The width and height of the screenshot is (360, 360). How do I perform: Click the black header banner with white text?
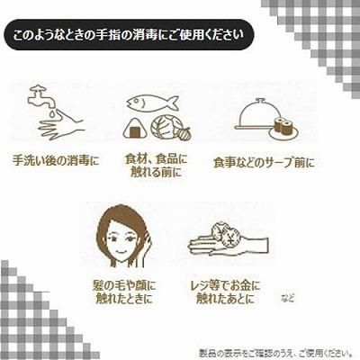(129, 35)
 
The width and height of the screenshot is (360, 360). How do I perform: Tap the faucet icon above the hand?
(41, 96)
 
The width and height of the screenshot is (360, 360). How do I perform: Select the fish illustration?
(152, 102)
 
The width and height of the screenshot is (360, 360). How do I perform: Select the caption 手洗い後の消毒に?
(56, 161)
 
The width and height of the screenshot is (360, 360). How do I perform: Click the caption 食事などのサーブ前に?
(264, 163)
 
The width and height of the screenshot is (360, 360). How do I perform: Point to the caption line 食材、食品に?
(156, 159)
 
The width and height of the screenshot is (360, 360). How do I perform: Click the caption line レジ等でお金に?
(226, 285)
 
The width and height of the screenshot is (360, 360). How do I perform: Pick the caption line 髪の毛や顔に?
(124, 285)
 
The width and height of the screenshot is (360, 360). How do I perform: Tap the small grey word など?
(288, 298)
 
